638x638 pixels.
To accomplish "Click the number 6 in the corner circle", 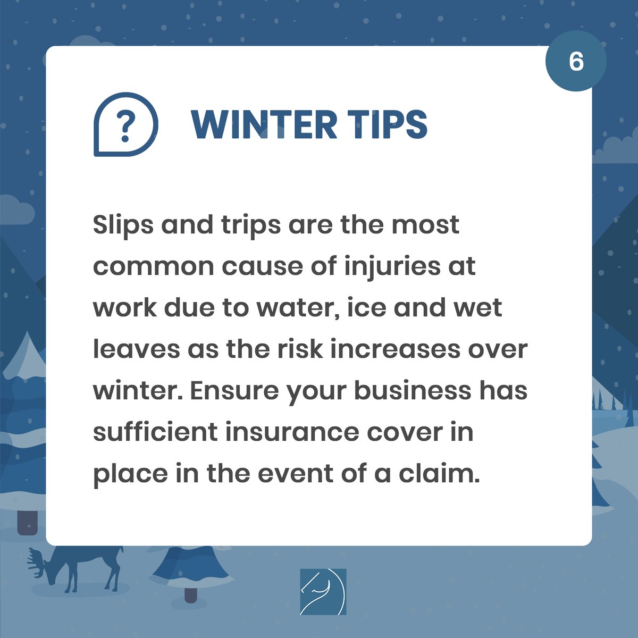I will [x=576, y=62].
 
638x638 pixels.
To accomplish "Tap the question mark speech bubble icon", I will [x=125, y=125].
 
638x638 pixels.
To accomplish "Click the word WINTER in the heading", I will [x=264, y=125].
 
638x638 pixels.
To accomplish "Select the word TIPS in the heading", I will [x=388, y=125].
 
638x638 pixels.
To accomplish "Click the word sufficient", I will [x=155, y=432].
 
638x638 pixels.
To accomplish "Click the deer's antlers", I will [x=37, y=561].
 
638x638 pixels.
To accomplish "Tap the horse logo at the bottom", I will [x=323, y=591].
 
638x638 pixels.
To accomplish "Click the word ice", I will [x=363, y=308].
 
